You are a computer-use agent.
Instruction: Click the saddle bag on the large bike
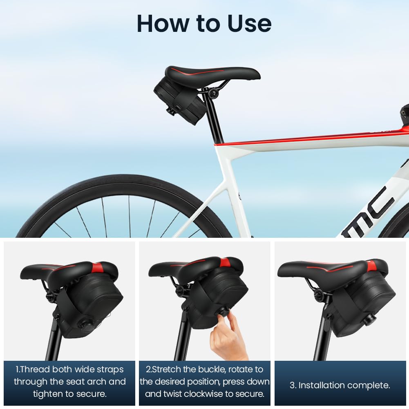tap(180, 98)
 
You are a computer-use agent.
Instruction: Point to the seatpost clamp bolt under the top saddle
tap(212, 94)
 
